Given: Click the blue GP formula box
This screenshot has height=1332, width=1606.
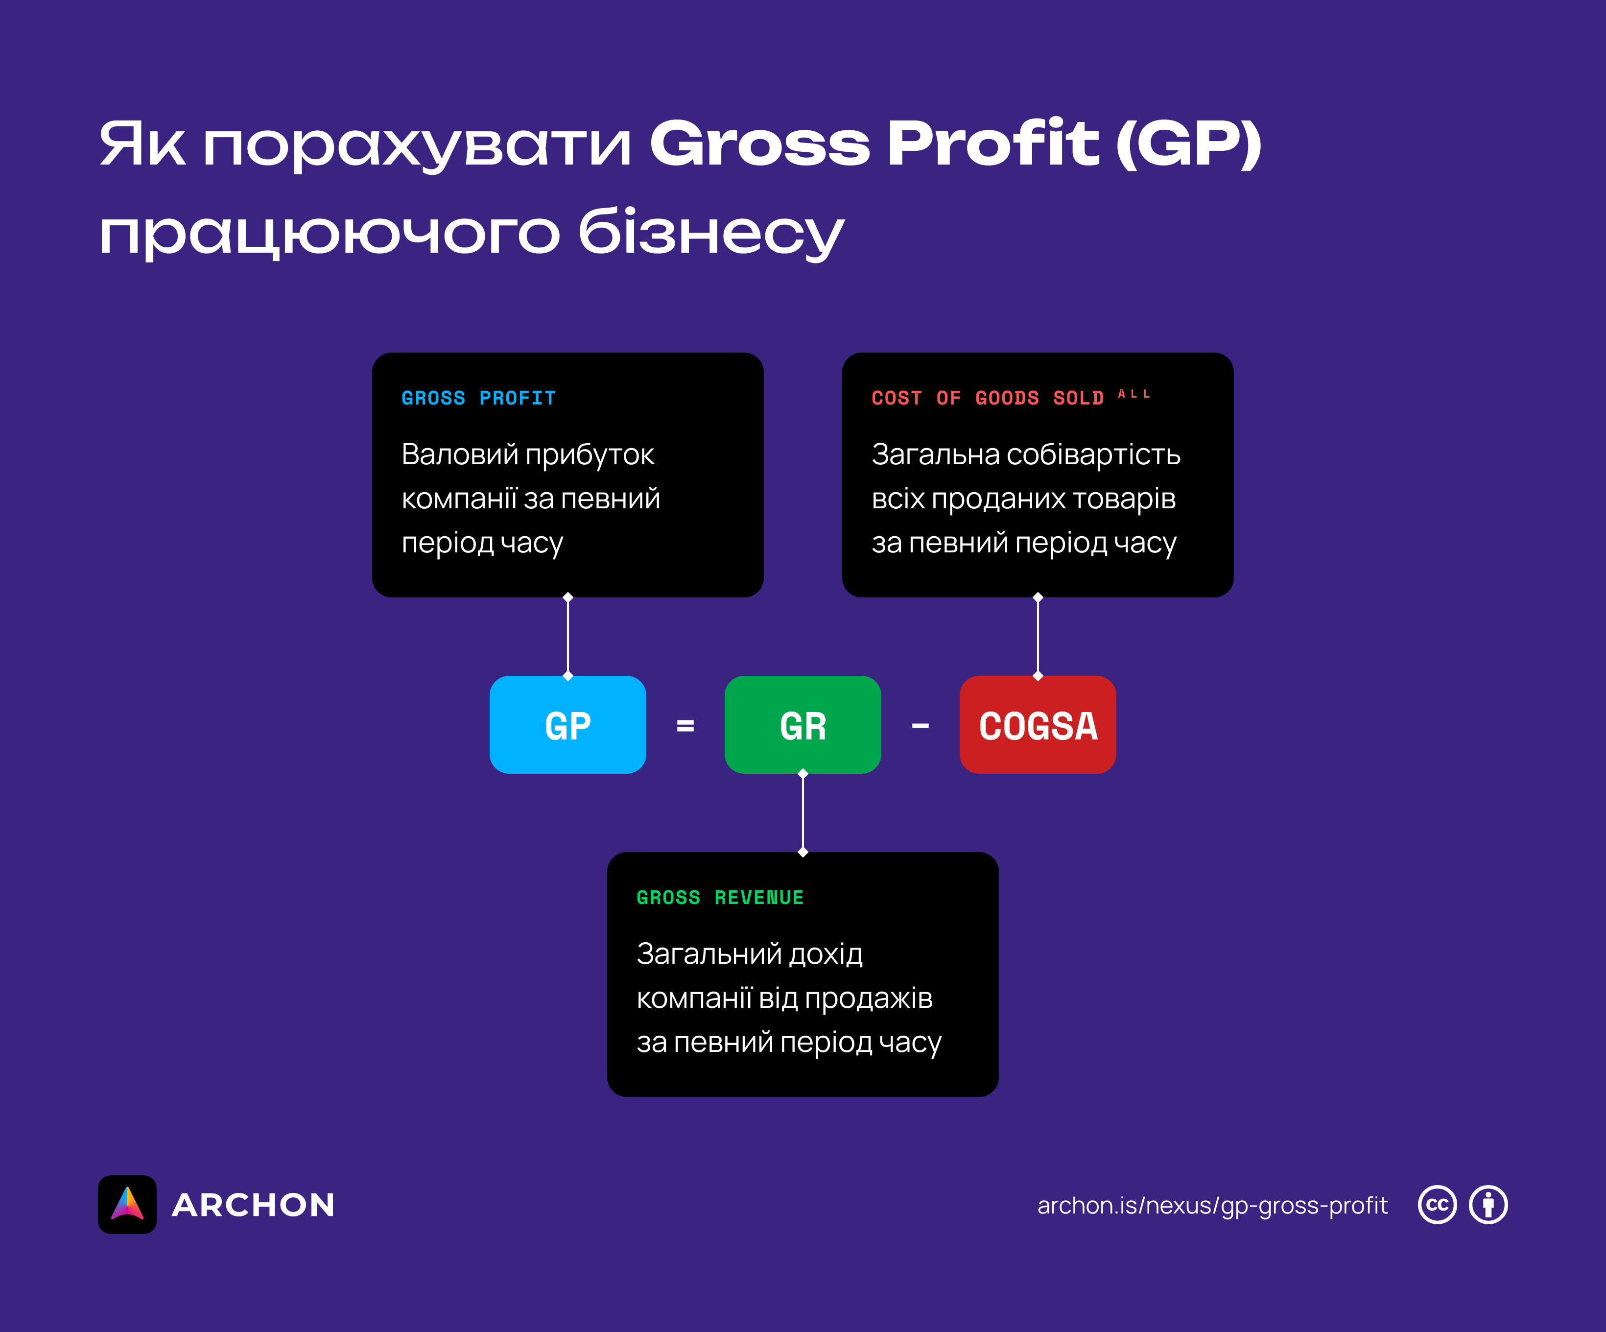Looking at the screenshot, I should pos(567,725).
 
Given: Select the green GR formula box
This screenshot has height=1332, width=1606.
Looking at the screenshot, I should pos(802,725).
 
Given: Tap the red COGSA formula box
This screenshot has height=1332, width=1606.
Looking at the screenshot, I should pos(1038,725).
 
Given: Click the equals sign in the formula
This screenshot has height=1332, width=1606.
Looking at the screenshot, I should pos(685,725).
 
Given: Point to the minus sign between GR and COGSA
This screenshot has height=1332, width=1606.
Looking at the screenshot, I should pos(920,725).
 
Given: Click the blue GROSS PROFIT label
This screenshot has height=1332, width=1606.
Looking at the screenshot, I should pos(478,398).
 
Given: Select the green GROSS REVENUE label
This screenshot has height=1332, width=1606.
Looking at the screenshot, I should pos(720,898).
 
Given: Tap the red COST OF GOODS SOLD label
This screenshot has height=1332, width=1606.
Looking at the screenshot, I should pos(987,398).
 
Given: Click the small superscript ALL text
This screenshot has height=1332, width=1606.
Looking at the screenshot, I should pos(1134,394).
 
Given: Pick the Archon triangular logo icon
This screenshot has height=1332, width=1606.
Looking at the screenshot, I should pos(127,1204).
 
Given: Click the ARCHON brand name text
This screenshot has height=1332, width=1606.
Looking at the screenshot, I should pos(253,1205).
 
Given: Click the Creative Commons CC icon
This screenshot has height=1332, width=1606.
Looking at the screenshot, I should pos(1437,1205).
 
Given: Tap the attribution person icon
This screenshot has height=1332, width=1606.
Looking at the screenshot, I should pos(1488,1205).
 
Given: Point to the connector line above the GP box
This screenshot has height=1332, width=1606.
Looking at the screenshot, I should pos(567,637).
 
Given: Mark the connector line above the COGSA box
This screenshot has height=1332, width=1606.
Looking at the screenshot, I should pos(1038,637).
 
